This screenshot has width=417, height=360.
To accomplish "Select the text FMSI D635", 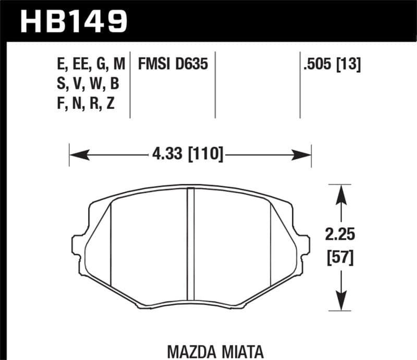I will coord(173,65).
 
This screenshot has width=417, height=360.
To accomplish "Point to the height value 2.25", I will coord(341,235).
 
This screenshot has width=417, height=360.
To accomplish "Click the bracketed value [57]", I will coord(341,257).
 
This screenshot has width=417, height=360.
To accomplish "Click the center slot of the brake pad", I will coord(191,245).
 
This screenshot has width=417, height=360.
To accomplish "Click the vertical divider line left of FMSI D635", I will coord(130,83).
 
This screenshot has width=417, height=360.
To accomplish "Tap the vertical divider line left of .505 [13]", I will coord(300,83).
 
